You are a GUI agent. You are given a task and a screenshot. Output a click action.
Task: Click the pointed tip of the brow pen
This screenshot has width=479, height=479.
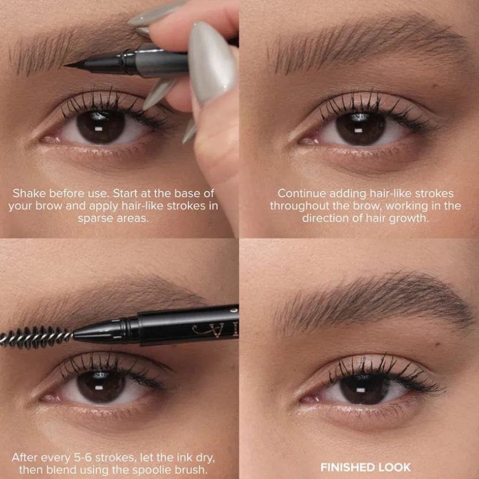pos(65,66)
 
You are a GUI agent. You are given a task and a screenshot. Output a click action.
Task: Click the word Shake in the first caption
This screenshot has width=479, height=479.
pos(29,193)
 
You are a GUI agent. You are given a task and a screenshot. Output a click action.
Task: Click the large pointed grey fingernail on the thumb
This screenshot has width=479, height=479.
pos(211,61)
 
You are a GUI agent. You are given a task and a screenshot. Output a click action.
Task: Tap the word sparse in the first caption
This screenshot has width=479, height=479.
pos(95,218)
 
